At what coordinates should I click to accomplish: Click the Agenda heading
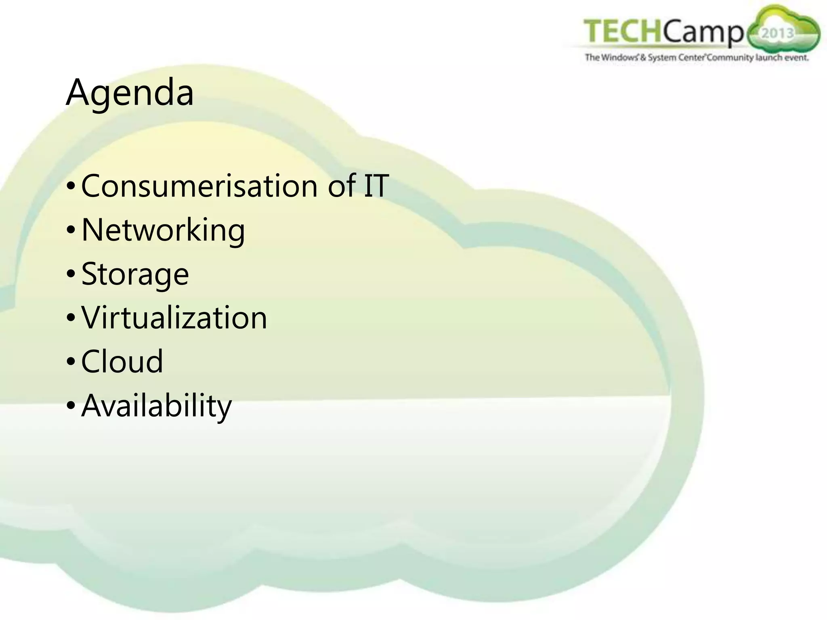(x=130, y=93)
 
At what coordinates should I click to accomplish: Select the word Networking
(x=163, y=230)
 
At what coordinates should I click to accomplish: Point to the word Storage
(x=135, y=274)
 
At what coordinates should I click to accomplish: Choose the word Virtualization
(x=174, y=318)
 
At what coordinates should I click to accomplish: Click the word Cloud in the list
(x=122, y=361)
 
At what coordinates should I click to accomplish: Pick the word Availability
(x=157, y=406)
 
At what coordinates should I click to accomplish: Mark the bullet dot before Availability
(x=71, y=405)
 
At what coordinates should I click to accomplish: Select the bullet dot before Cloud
(x=71, y=362)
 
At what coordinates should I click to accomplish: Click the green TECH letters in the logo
(x=622, y=32)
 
